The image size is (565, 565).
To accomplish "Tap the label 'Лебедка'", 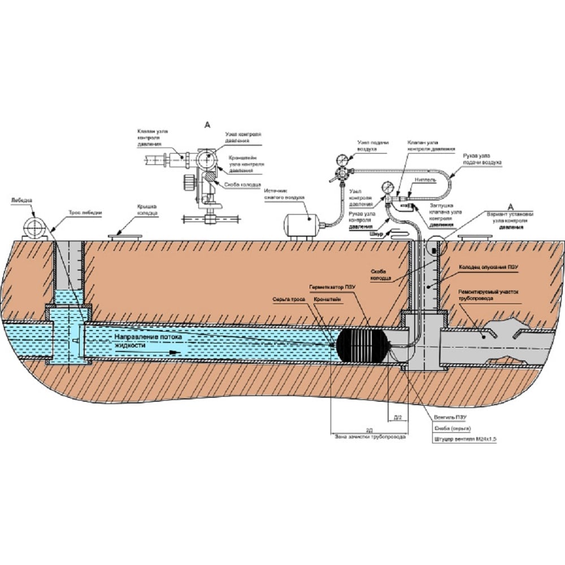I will (21, 201).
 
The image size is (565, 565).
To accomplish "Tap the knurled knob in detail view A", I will (188, 180).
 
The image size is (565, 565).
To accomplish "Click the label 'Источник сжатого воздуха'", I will (284, 195).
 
